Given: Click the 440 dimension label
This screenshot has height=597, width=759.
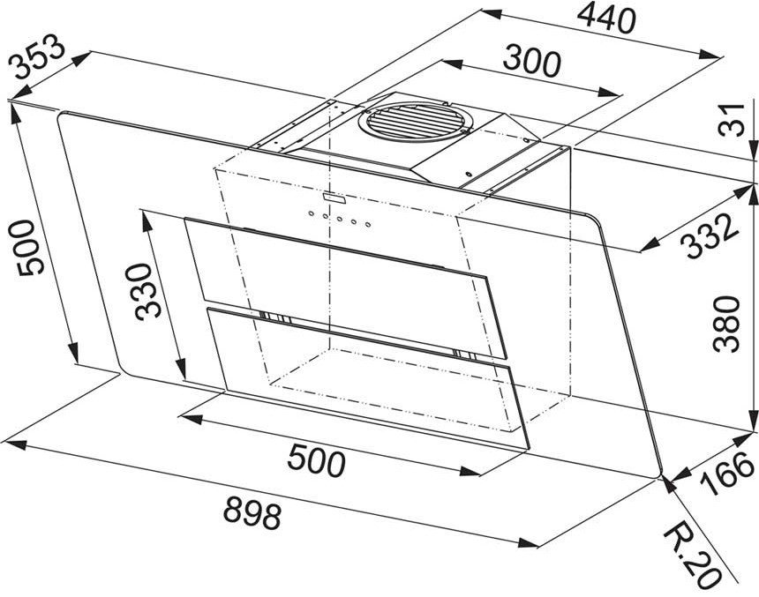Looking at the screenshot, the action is tap(606, 18).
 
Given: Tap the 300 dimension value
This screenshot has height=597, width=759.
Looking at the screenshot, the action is tap(531, 61).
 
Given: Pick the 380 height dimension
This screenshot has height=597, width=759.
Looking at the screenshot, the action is tap(727, 325).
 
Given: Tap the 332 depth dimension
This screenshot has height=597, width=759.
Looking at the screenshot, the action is tap(710, 236).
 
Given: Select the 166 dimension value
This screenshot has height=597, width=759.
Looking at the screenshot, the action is tap(727, 474).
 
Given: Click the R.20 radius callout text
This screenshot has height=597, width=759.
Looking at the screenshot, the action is tap(692, 556).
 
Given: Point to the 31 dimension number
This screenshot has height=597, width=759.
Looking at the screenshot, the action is tap(731, 120).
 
